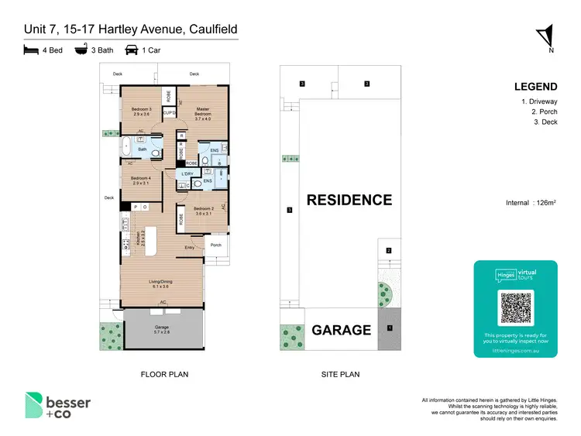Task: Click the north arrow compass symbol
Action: (x=546, y=37)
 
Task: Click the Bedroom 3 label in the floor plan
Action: (x=140, y=111)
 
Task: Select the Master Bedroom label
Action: (x=203, y=112)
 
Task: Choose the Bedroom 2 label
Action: (x=203, y=211)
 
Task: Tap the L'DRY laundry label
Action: (x=187, y=173)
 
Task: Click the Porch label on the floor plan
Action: (x=216, y=245)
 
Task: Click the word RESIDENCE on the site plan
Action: (x=349, y=200)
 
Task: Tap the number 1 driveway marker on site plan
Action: (x=390, y=328)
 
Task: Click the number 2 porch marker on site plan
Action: (x=389, y=250)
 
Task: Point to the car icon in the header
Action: (x=132, y=50)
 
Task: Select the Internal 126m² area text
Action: (x=531, y=203)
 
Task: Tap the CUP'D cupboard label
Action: (x=168, y=113)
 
